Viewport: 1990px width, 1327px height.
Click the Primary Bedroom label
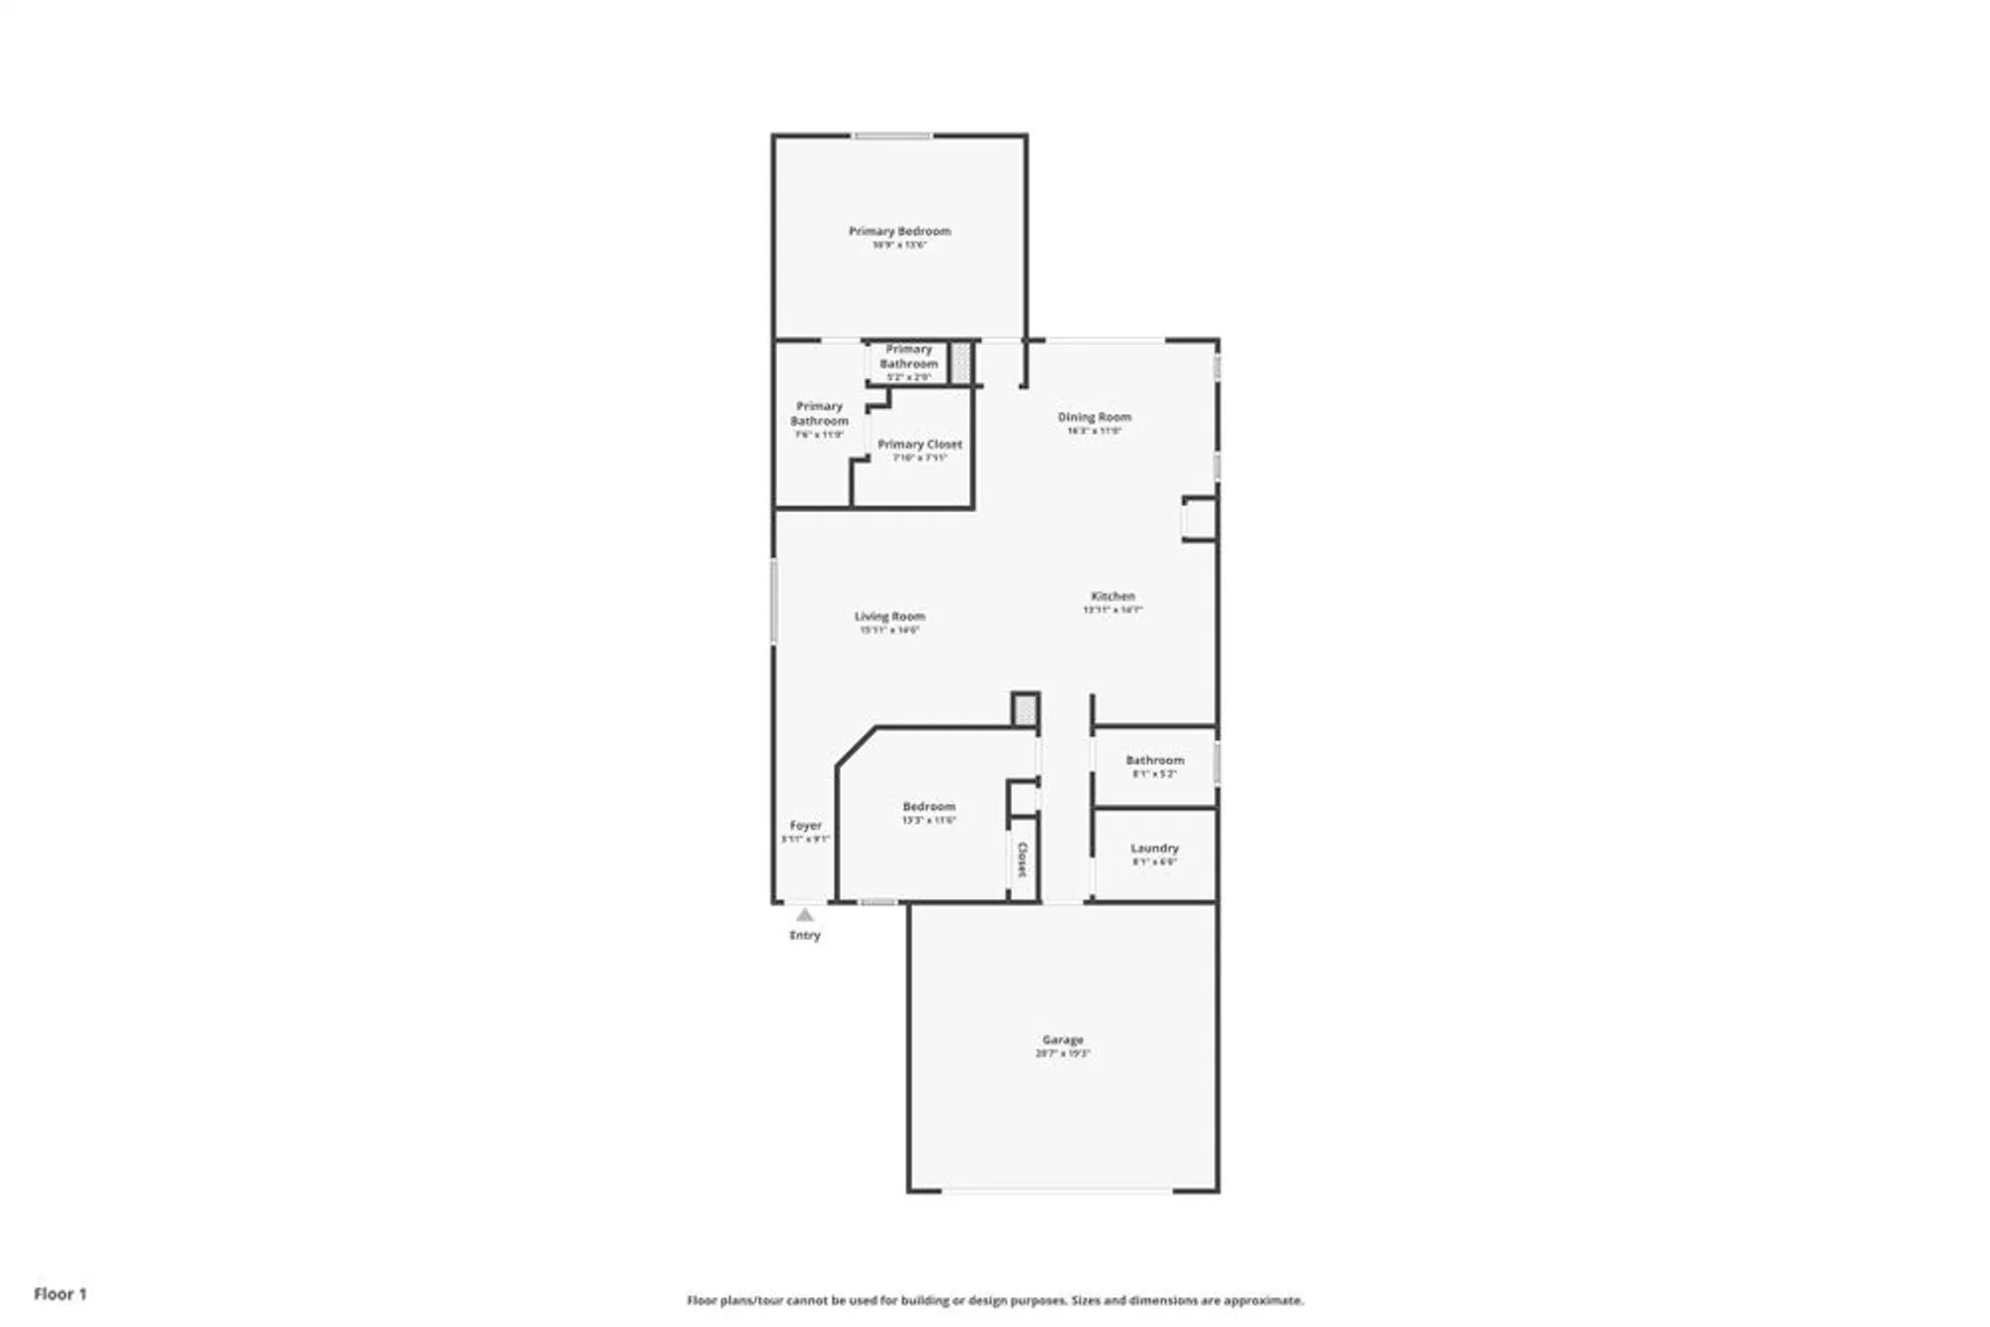pyautogui.click(x=898, y=232)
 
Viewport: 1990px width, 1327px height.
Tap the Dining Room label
pyautogui.click(x=1094, y=418)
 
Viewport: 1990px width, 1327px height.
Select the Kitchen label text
pyautogui.click(x=1112, y=596)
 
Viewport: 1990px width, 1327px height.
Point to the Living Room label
pyautogui.click(x=889, y=617)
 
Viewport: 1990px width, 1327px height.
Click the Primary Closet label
pyautogui.click(x=919, y=445)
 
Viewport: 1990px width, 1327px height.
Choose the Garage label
pyautogui.click(x=1063, y=1040)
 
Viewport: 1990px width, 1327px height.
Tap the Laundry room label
pyautogui.click(x=1154, y=849)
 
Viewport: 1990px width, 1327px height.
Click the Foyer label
pyautogui.click(x=805, y=826)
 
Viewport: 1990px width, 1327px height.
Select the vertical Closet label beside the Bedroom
pyautogui.click(x=1022, y=859)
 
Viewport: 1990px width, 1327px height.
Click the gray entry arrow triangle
pyautogui.click(x=805, y=915)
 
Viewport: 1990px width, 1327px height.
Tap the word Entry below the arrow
pyautogui.click(x=805, y=935)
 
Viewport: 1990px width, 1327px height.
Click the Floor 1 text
pyautogui.click(x=60, y=1293)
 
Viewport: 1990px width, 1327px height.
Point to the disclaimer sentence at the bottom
pyautogui.click(x=995, y=1300)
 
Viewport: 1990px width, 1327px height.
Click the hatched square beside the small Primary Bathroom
pyautogui.click(x=960, y=362)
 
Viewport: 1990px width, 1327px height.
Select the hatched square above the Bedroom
pyautogui.click(x=1026, y=710)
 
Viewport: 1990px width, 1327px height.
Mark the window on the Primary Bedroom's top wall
pyautogui.click(x=893, y=135)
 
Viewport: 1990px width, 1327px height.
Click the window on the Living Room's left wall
pyautogui.click(x=774, y=601)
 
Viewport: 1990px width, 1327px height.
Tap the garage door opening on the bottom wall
pyautogui.click(x=1057, y=1190)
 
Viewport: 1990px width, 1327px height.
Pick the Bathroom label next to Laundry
pyautogui.click(x=1154, y=760)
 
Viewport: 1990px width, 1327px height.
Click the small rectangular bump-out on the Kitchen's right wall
pyautogui.click(x=1199, y=518)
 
